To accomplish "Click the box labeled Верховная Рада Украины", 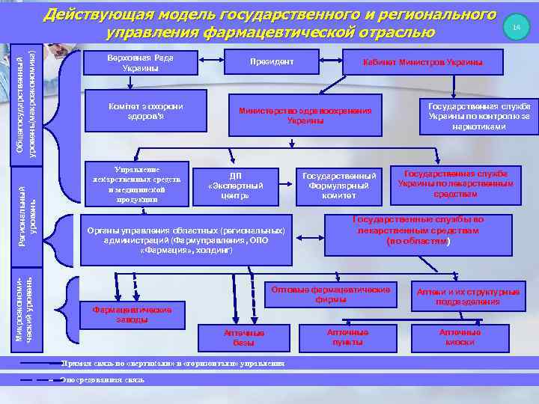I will [140, 63].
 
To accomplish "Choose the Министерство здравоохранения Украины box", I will [305, 114].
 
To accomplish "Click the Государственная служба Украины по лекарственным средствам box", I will [455, 183].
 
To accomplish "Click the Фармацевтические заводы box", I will [130, 314].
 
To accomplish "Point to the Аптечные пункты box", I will [347, 337].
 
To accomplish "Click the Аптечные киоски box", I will [460, 337].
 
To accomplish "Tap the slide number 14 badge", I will [515, 27].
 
